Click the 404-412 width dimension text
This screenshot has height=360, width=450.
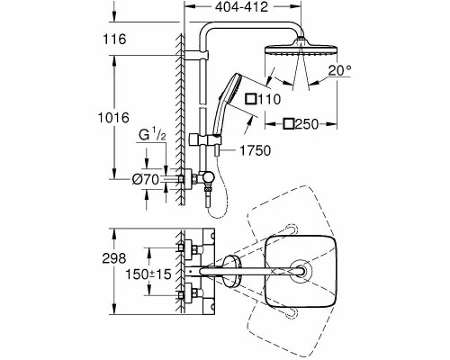pyautogui.click(x=241, y=7)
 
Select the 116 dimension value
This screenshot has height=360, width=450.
pyautogui.click(x=114, y=39)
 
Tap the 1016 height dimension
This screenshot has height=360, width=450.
pyautogui.click(x=113, y=117)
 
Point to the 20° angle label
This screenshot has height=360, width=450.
pyautogui.click(x=339, y=70)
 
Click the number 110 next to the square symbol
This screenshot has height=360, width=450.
pyautogui.click(x=269, y=99)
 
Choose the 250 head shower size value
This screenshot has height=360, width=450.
pyautogui.click(x=306, y=124)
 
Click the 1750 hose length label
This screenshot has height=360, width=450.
pyautogui.click(x=256, y=150)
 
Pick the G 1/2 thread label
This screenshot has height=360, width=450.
pyautogui.click(x=152, y=135)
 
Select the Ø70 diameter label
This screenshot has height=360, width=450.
pyautogui.click(x=145, y=180)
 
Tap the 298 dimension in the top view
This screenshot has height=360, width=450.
pyautogui.click(x=114, y=258)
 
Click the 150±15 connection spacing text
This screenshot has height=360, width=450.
pyautogui.click(x=148, y=274)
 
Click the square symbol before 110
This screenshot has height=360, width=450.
pyautogui.click(x=251, y=99)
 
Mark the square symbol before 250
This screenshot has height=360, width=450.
pyautogui.click(x=289, y=124)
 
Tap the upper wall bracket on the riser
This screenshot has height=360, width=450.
pyautogui.click(x=195, y=55)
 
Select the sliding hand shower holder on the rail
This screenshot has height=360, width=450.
pyautogui.click(x=206, y=140)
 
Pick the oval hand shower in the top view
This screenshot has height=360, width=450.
pyautogui.click(x=231, y=271)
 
